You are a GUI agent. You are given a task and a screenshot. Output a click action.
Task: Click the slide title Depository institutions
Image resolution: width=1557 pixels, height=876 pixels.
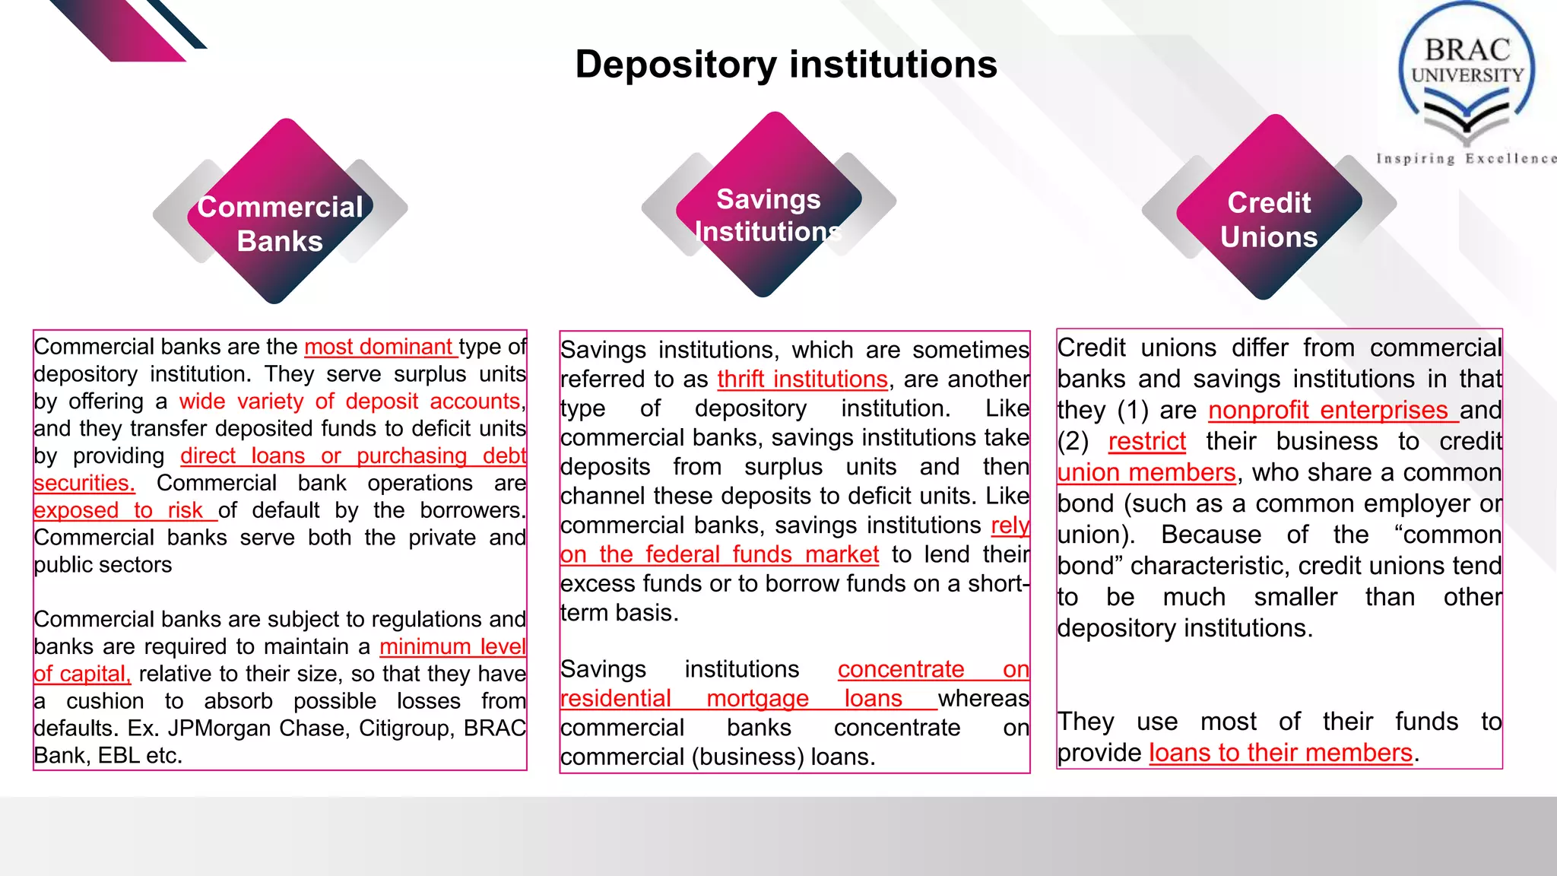point(785,65)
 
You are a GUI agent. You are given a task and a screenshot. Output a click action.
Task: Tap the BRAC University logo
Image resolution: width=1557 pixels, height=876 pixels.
point(1467,76)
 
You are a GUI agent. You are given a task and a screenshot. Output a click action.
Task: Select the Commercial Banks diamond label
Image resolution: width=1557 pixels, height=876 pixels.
point(280,224)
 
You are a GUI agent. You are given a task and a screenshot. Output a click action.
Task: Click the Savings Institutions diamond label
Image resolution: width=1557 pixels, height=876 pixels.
point(768,215)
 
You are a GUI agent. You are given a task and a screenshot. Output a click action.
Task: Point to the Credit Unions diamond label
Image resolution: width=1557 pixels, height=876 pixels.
point(1269,220)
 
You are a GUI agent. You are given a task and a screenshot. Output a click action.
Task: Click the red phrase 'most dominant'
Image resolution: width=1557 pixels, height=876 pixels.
point(379,347)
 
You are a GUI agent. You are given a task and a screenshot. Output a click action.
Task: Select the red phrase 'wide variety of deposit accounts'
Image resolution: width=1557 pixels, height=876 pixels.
point(350,401)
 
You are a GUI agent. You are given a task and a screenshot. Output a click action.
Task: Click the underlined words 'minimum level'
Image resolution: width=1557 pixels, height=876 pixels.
point(452,646)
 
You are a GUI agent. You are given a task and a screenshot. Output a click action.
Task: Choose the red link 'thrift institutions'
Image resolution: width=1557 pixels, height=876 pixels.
point(802,379)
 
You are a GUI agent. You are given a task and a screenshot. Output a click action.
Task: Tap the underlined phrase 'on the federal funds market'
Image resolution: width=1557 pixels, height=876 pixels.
point(719,554)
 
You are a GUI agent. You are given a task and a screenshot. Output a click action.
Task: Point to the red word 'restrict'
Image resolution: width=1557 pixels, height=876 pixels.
point(1146,441)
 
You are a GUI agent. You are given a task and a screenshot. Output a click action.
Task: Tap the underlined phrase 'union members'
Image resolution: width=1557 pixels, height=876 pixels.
point(1146,472)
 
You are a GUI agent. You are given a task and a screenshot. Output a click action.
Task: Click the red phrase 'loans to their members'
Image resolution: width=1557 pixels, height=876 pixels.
point(1280,753)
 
